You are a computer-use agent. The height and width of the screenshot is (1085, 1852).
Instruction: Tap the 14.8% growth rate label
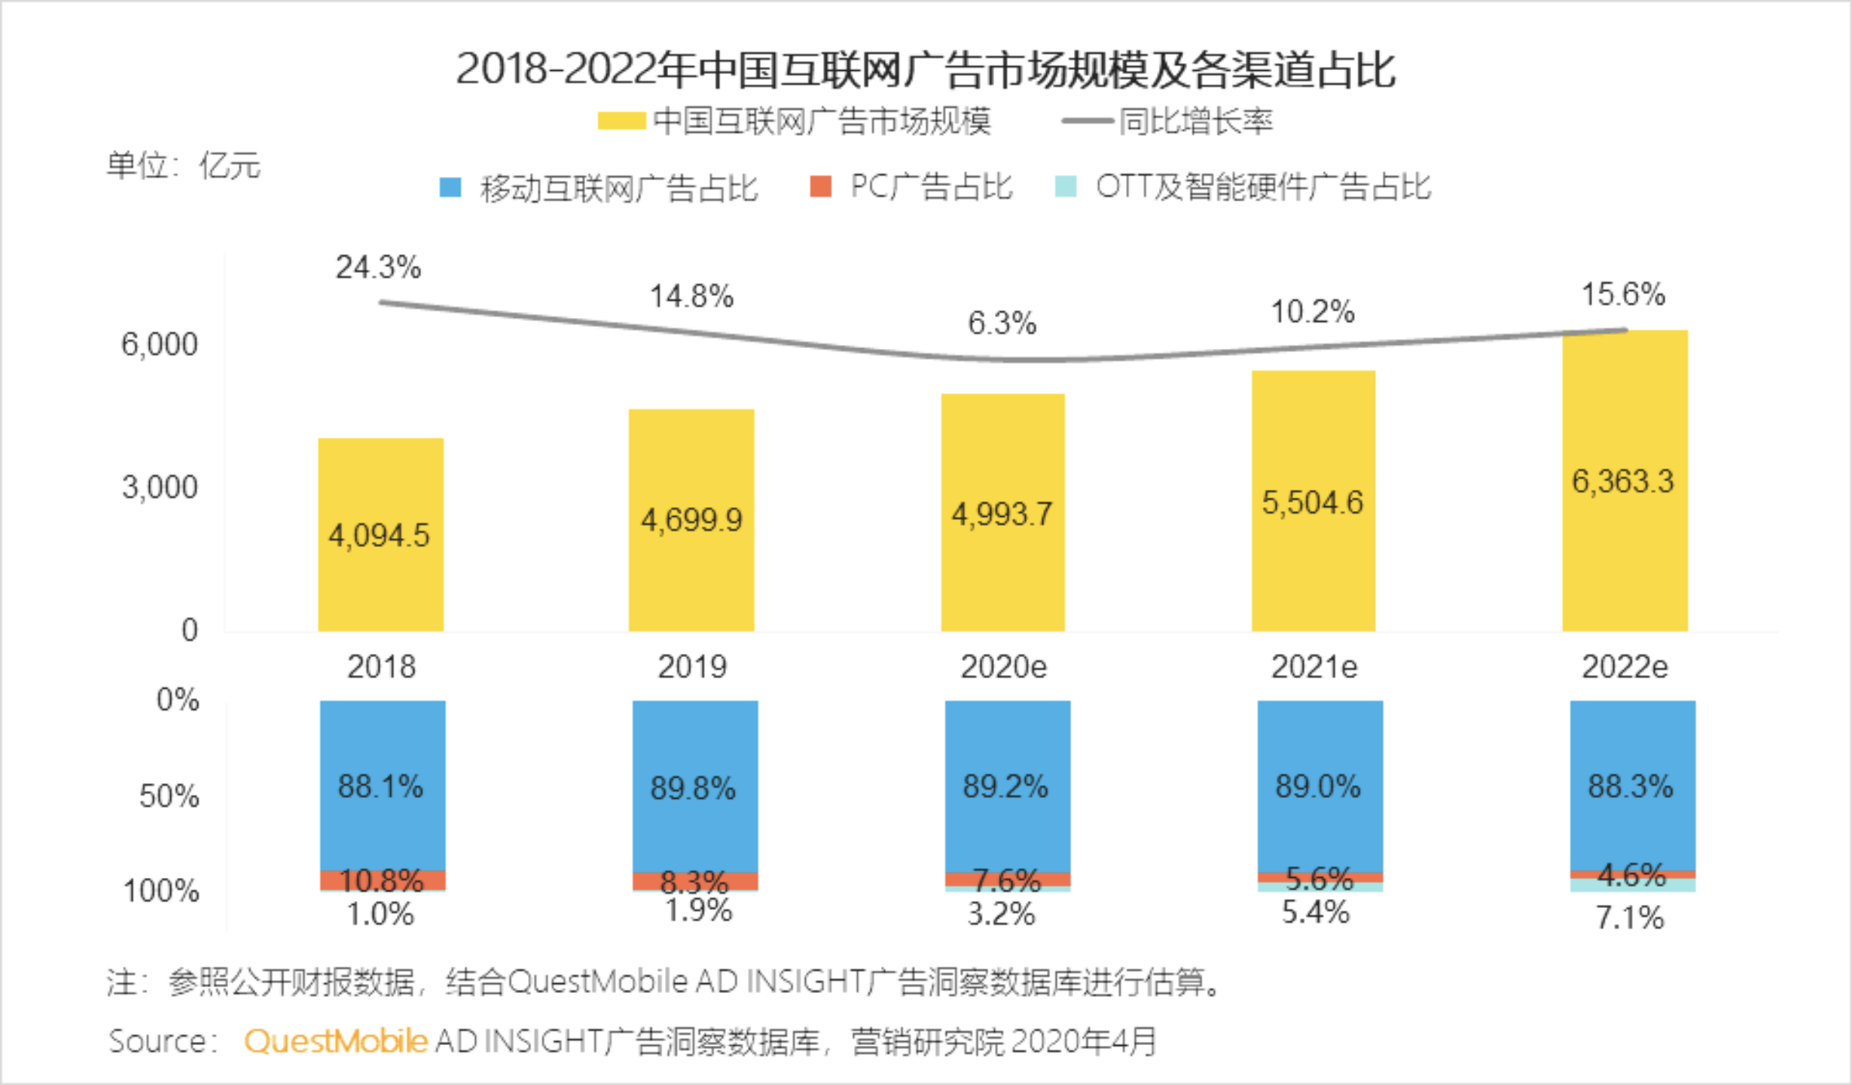(691, 296)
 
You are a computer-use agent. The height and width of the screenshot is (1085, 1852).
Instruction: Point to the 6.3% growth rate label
(1002, 323)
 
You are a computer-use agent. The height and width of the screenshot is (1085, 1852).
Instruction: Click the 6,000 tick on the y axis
(160, 344)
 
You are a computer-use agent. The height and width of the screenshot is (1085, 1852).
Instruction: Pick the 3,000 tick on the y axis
(160, 487)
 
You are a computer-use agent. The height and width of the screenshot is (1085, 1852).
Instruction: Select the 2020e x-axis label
(1003, 667)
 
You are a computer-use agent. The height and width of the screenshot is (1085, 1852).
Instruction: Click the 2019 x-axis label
(691, 667)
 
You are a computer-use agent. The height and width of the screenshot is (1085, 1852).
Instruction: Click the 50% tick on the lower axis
(169, 796)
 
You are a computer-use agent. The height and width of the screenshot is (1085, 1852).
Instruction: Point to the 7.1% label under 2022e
(1630, 918)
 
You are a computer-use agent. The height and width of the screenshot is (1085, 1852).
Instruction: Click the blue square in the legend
(450, 187)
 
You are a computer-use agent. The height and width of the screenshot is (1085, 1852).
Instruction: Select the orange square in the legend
(820, 186)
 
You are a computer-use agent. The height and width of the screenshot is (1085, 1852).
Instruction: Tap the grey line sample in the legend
(1087, 121)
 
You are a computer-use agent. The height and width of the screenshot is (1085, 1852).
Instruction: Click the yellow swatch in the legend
(621, 121)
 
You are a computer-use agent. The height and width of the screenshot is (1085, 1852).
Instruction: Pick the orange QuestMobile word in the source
(336, 1041)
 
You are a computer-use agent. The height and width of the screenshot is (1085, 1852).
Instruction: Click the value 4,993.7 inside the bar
(1002, 515)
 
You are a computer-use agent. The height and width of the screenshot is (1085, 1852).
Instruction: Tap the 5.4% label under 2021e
(1315, 912)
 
